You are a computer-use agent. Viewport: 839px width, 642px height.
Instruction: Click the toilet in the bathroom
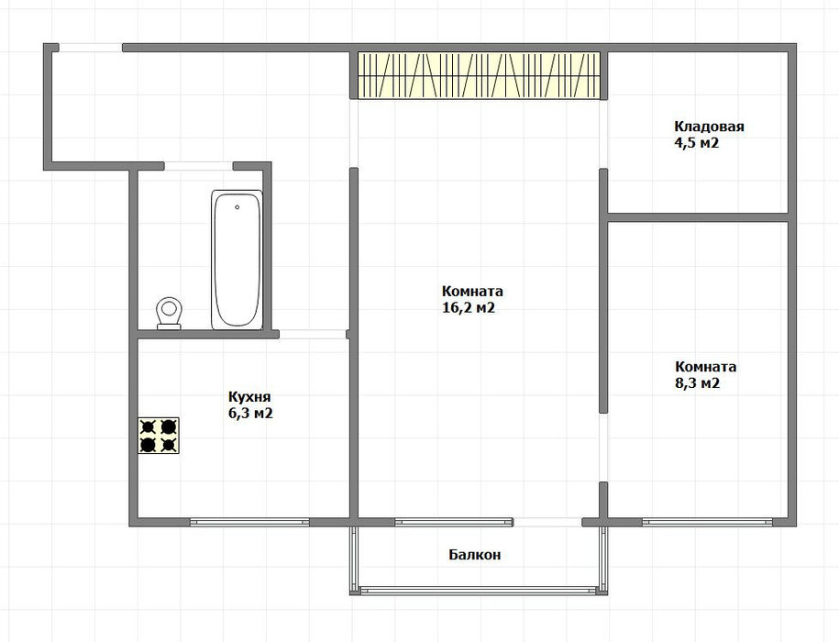(169, 314)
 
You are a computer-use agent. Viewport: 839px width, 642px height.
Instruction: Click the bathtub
(237, 260)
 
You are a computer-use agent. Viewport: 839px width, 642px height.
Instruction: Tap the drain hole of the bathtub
(237, 207)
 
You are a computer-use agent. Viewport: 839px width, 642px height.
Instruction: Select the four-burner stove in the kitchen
(159, 436)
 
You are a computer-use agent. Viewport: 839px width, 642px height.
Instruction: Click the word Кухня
(249, 397)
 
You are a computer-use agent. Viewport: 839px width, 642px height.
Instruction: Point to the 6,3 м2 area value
(250, 414)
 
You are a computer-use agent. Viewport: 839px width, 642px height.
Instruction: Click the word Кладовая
(709, 127)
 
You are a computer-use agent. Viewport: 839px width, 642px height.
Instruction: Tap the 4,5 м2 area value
(696, 143)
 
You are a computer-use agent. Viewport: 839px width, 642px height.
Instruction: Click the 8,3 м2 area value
(697, 383)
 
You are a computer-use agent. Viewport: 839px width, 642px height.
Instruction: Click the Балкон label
(475, 555)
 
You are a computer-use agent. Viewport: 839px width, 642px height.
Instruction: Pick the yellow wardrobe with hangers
(479, 75)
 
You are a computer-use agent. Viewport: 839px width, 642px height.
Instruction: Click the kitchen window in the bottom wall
(250, 522)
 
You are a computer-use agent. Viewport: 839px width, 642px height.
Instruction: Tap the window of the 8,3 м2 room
(707, 522)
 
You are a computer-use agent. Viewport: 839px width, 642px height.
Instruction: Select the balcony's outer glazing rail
(479, 591)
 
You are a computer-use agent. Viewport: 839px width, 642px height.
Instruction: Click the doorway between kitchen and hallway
(313, 335)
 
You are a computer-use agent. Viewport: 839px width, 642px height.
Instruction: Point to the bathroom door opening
(198, 166)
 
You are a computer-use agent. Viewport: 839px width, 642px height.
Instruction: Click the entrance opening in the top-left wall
(91, 48)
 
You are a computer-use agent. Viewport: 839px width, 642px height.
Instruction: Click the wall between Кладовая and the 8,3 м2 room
(698, 217)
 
